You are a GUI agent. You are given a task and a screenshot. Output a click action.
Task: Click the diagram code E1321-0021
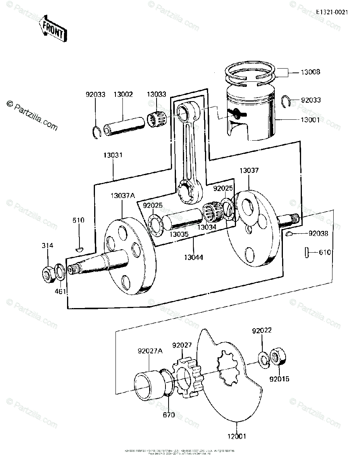click(x=332, y=12)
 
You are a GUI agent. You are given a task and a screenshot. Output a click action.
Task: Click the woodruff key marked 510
click(x=79, y=248)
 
